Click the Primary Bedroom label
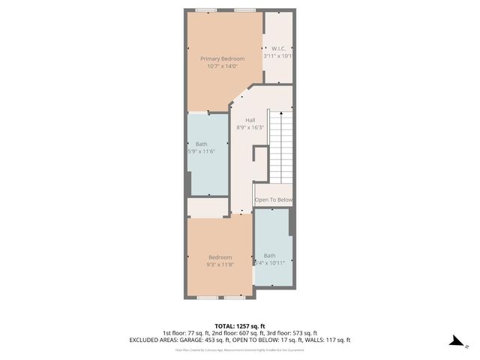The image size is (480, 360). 222,58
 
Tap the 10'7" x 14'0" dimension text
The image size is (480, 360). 222,66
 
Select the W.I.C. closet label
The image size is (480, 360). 277,47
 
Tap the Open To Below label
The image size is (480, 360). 273,199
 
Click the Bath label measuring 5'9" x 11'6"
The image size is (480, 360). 202,143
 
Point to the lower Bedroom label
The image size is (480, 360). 220,257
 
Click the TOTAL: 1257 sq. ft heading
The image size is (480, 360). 240,325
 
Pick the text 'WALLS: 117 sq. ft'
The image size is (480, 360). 325,340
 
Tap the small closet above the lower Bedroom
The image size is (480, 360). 207,206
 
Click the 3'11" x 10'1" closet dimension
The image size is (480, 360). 277,55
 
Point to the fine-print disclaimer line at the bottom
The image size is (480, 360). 240,349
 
